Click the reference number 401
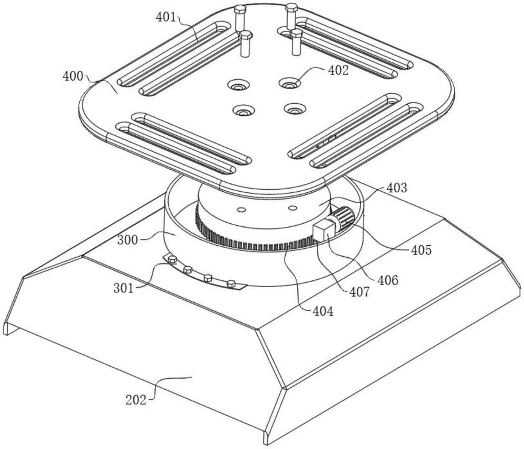point(166,17)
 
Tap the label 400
point(72,76)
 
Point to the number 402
point(338,70)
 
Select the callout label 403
point(397,188)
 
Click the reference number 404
point(323,311)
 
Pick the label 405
point(422,250)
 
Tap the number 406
point(388,280)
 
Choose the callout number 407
point(359,292)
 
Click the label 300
point(127,240)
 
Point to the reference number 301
point(123,288)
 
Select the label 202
point(136,400)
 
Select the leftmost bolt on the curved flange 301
point(173,259)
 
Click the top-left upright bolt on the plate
point(239,19)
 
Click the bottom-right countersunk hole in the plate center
point(294,109)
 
